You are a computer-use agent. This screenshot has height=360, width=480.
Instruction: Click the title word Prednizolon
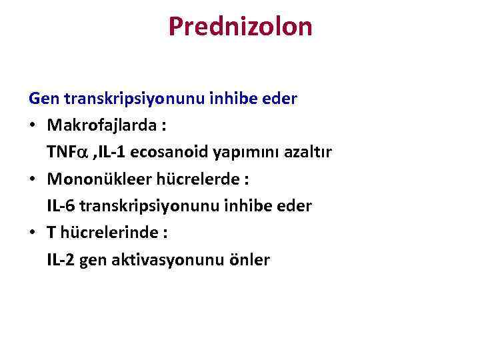point(240,27)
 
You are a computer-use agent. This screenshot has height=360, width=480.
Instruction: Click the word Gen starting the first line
point(44,99)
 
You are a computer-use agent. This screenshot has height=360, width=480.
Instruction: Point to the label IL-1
point(112,152)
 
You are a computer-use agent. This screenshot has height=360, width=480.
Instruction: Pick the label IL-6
point(61,206)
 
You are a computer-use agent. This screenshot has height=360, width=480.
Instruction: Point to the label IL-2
point(61,259)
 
